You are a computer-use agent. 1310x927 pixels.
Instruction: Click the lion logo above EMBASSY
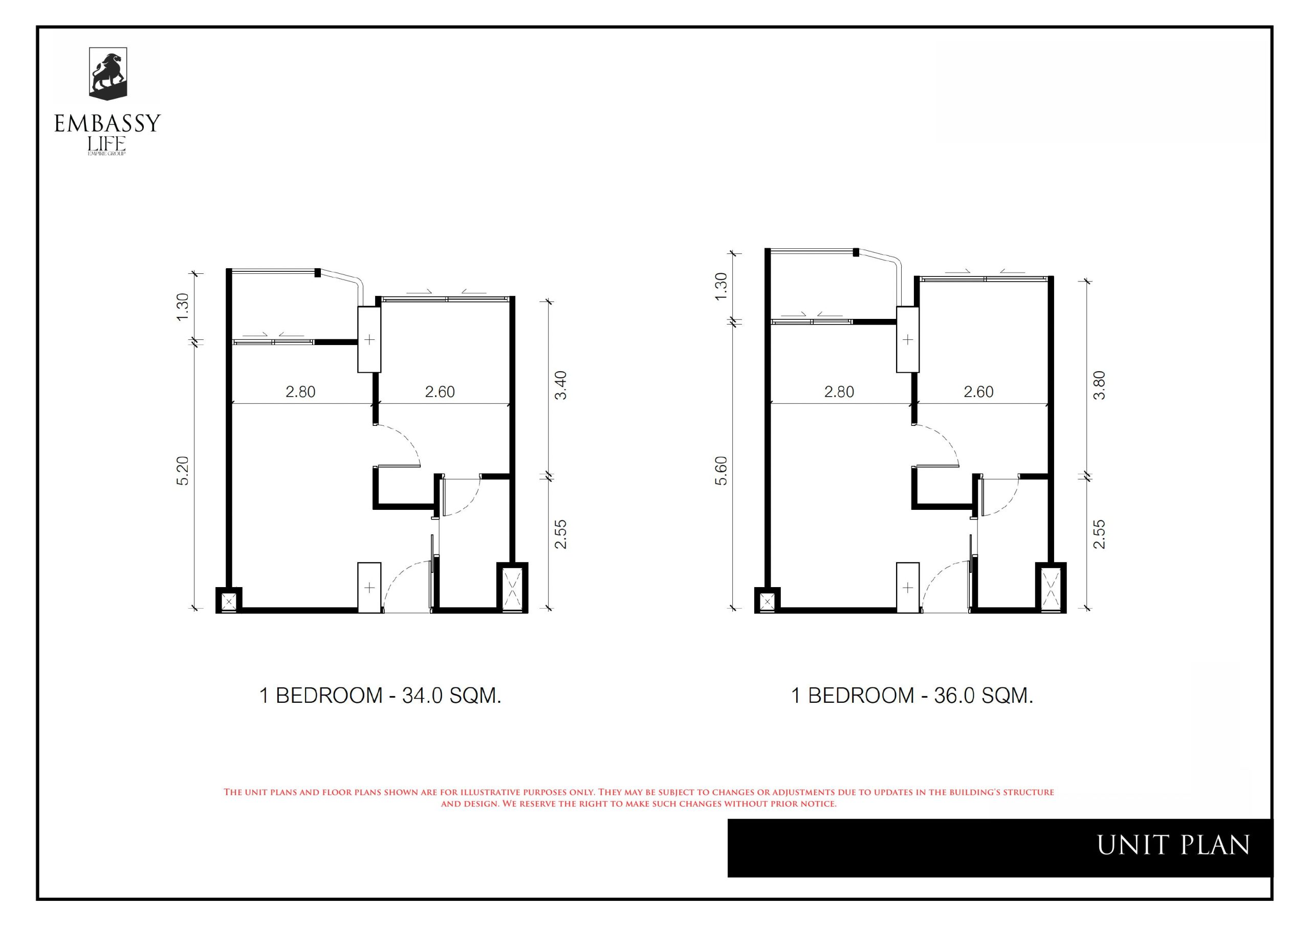point(108,73)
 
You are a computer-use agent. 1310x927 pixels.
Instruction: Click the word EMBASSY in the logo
point(107,124)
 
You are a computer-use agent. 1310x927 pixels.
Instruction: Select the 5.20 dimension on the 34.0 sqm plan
point(183,471)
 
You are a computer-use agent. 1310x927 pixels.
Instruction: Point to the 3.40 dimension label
point(561,385)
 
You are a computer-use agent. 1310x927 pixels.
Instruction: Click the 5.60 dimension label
point(721,471)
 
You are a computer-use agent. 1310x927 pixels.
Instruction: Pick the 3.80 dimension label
point(1100,385)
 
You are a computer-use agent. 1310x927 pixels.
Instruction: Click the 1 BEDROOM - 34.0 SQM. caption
point(380,695)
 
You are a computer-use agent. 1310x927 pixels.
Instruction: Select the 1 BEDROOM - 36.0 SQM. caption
point(912,695)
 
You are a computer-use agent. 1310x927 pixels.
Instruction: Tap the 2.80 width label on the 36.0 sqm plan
point(839,392)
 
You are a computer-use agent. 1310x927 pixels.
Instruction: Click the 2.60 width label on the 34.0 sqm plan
point(440,392)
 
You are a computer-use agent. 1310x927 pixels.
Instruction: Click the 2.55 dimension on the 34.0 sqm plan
point(561,534)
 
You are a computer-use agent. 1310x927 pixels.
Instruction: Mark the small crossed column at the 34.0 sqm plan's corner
point(229,600)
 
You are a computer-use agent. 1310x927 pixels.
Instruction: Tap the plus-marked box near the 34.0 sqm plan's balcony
point(369,340)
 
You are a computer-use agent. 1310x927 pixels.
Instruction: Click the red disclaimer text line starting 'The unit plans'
point(639,792)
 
